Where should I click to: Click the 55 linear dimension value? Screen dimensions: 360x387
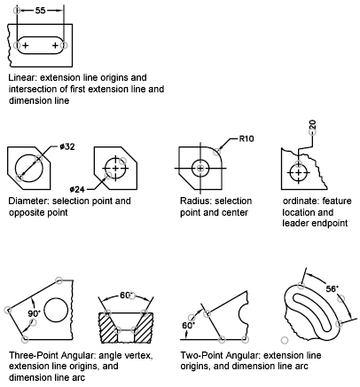40,11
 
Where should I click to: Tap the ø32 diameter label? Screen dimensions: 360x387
67,146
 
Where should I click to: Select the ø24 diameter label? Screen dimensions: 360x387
77,189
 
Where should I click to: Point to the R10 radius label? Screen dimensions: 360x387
247,138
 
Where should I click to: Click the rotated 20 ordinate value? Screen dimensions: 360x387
312,125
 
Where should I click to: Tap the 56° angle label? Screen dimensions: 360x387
333,288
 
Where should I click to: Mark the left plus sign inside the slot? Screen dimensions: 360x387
26,45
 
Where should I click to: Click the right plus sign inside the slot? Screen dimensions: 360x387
55,45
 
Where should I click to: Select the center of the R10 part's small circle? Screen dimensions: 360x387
200,169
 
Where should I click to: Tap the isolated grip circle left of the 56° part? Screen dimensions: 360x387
285,340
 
